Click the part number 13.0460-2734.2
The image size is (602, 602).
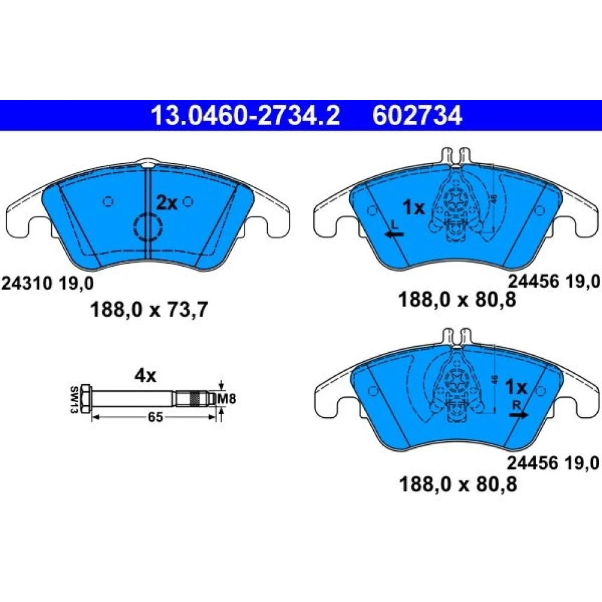246,115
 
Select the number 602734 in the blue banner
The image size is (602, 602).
417,115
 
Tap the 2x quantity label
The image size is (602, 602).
166,203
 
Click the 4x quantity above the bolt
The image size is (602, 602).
145,376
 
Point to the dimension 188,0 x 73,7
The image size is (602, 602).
149,309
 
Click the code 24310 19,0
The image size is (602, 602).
48,284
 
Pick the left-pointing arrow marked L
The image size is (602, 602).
394,234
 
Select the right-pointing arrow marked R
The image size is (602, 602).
519,415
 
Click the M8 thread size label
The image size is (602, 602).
226,399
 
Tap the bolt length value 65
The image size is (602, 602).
155,417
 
